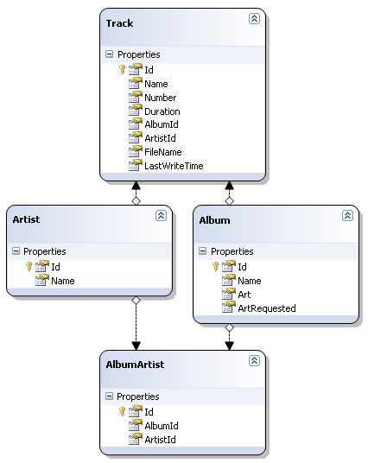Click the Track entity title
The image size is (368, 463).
pos(119,23)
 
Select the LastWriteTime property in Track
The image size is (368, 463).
pos(174,166)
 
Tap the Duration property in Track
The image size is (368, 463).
pos(162,111)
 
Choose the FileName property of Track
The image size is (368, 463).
pos(163,152)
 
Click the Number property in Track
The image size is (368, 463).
pos(161,98)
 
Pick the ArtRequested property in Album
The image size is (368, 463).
pos(267,308)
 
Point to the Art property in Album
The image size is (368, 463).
pos(244,295)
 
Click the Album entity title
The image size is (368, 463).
pos(215,220)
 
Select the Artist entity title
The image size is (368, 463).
pos(26,219)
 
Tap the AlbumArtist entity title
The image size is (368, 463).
pos(135,365)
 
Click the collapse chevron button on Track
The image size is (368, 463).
pos(254,19)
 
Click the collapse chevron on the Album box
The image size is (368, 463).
pos(347,216)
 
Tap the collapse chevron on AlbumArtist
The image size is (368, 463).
pos(254,360)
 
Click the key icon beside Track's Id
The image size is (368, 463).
pos(123,70)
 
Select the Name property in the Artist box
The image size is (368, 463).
pos(63,281)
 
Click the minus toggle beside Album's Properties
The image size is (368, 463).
pos(203,251)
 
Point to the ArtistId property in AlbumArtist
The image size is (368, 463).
pos(160,440)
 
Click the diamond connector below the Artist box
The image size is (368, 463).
pos(136,301)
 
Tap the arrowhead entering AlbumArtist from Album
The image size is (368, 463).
pos(230,346)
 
